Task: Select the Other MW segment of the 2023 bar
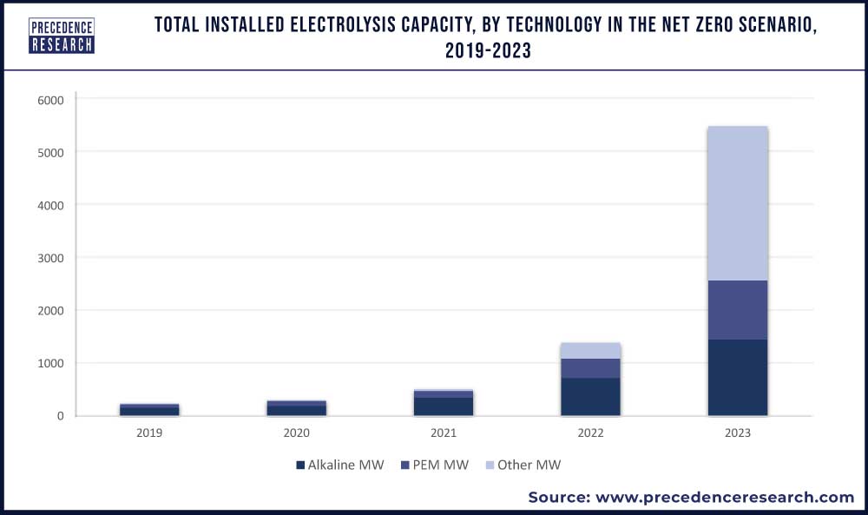(x=737, y=203)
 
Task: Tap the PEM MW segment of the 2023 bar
(x=737, y=310)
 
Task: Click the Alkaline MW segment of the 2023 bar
(x=737, y=378)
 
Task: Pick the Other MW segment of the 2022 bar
(x=590, y=351)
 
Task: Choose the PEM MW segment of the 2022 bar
(x=590, y=368)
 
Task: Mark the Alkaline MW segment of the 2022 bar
(x=590, y=397)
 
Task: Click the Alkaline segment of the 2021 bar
(x=443, y=406)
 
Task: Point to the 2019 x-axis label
(x=148, y=432)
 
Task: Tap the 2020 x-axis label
(x=296, y=432)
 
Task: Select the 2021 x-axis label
(x=443, y=432)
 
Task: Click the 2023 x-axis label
(x=737, y=432)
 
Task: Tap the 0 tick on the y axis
(x=60, y=416)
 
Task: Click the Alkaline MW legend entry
(x=339, y=465)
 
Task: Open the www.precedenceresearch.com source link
(x=722, y=497)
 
